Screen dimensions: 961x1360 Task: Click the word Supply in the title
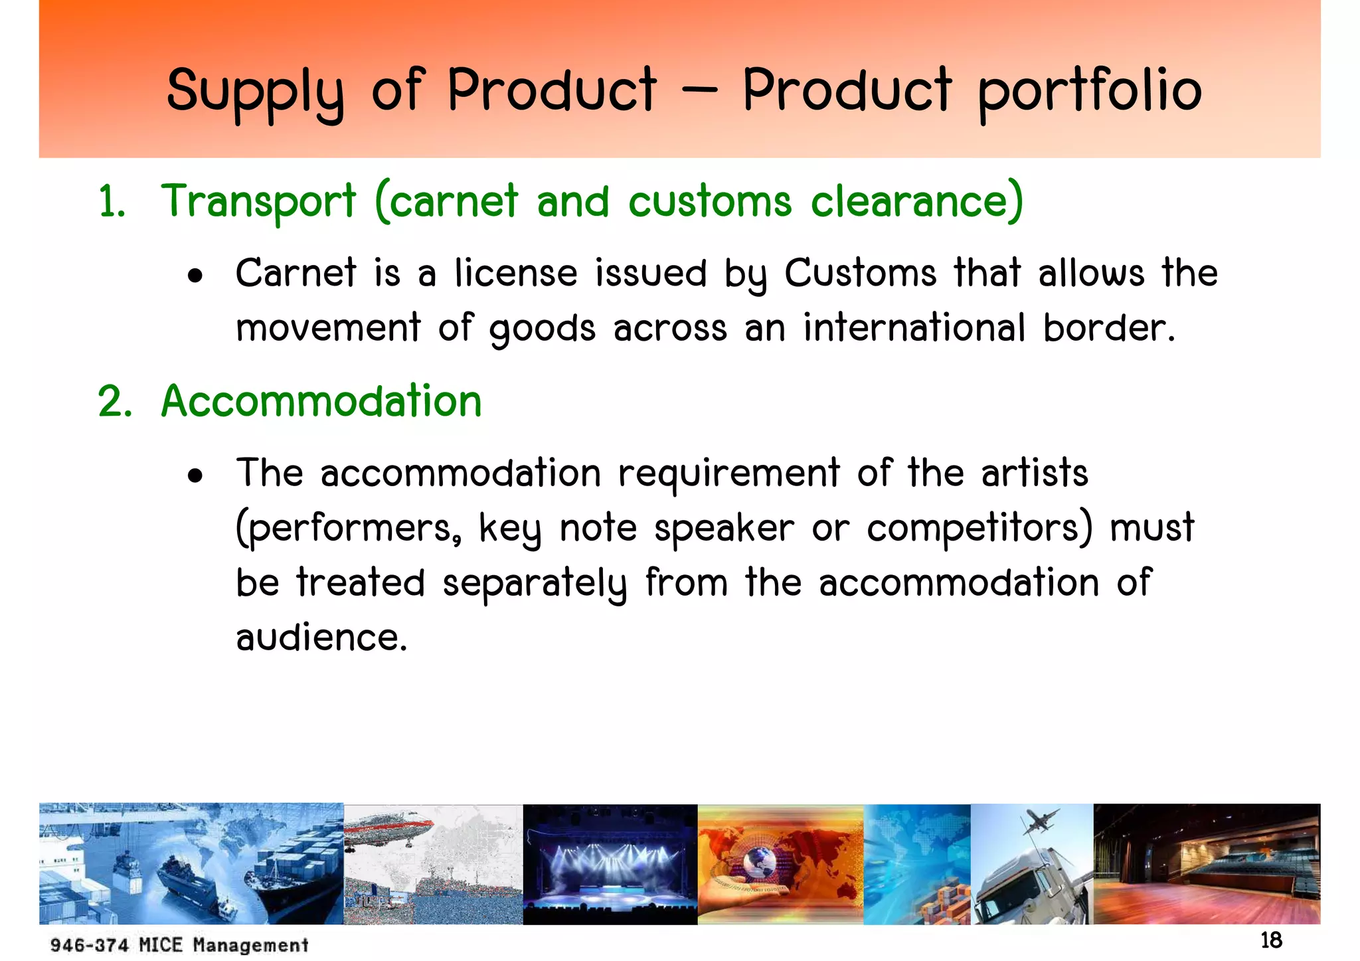pos(256,92)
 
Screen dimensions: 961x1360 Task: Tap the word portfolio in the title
pos(1090,92)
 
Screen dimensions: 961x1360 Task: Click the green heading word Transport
pos(258,201)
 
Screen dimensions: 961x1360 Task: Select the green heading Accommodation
pos(321,401)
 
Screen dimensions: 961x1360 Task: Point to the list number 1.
pos(111,202)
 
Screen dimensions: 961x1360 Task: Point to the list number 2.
pos(114,402)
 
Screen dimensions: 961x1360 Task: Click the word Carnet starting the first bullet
pos(296,273)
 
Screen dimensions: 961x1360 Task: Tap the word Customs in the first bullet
pos(860,273)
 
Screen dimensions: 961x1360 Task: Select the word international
pos(914,327)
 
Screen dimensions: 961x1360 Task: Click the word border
pos(1108,327)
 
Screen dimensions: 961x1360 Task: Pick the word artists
pos(1035,473)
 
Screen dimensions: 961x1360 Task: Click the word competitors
pos(979,528)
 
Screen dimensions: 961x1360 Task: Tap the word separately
pos(534,583)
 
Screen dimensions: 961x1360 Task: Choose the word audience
pos(321,638)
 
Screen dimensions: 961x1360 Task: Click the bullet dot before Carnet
pos(195,276)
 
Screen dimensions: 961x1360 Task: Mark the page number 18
pos(1271,940)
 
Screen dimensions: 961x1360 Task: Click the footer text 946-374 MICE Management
pos(179,944)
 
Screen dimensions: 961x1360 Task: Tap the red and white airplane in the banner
pos(392,833)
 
